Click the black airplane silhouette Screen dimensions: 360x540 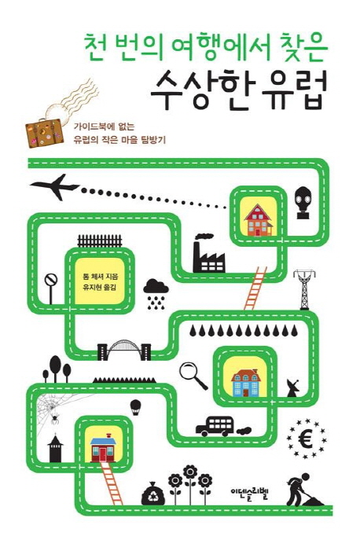coord(54,186)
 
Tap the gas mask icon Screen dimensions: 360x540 coord(303,203)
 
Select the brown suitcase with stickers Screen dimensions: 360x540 coord(45,134)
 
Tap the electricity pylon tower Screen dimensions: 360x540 coord(304,290)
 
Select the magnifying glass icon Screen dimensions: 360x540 coord(193,376)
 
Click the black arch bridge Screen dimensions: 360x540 coord(124,350)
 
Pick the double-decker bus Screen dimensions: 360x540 coord(215,426)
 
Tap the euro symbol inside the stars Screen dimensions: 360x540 coord(306,439)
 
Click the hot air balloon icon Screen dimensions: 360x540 coord(135,407)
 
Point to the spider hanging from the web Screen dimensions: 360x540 coord(55,419)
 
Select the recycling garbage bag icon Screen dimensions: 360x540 coord(151,494)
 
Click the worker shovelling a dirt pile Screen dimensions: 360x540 coord(303,490)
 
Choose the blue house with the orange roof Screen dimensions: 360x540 coord(245,383)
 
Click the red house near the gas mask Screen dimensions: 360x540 coord(259,220)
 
